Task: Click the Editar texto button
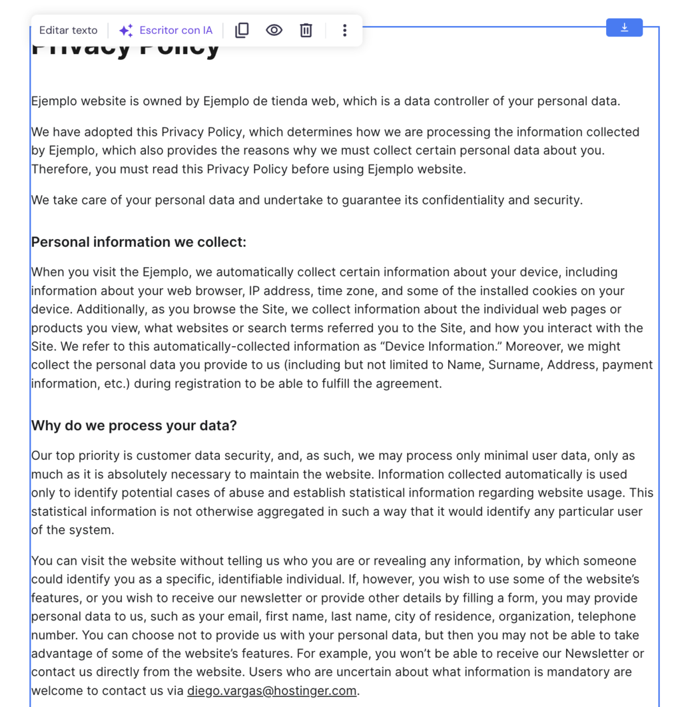click(68, 31)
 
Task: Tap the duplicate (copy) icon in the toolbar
click(242, 31)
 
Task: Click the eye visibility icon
click(274, 31)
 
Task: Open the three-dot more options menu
click(344, 31)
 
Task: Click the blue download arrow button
click(624, 27)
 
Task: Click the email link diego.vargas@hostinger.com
click(272, 691)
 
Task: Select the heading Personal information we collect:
click(139, 242)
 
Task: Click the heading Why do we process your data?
click(134, 426)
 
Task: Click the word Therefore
click(61, 170)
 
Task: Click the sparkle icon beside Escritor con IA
click(126, 31)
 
